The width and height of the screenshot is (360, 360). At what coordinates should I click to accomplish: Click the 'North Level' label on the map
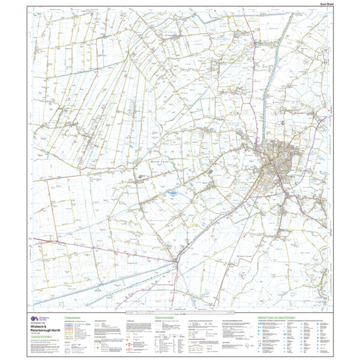click(x=153, y=160)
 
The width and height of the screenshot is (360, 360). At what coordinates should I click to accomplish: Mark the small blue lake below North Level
click(x=171, y=194)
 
